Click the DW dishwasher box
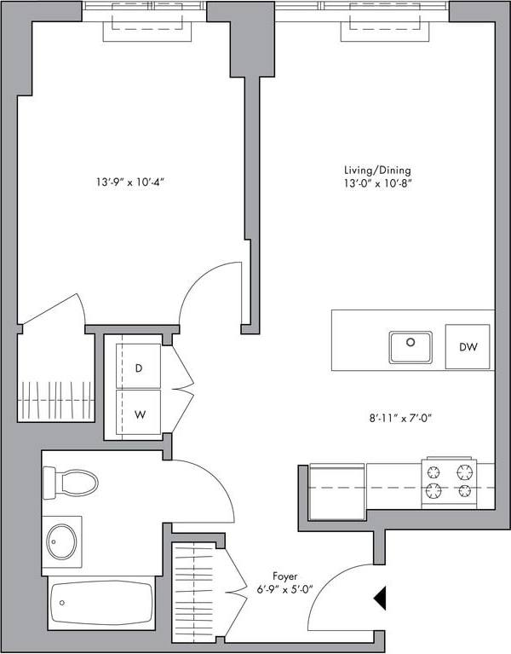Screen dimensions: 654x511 (468, 347)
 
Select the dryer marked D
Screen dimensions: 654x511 (139, 368)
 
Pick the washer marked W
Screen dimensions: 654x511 (139, 415)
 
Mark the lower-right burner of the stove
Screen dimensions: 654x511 (464, 490)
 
